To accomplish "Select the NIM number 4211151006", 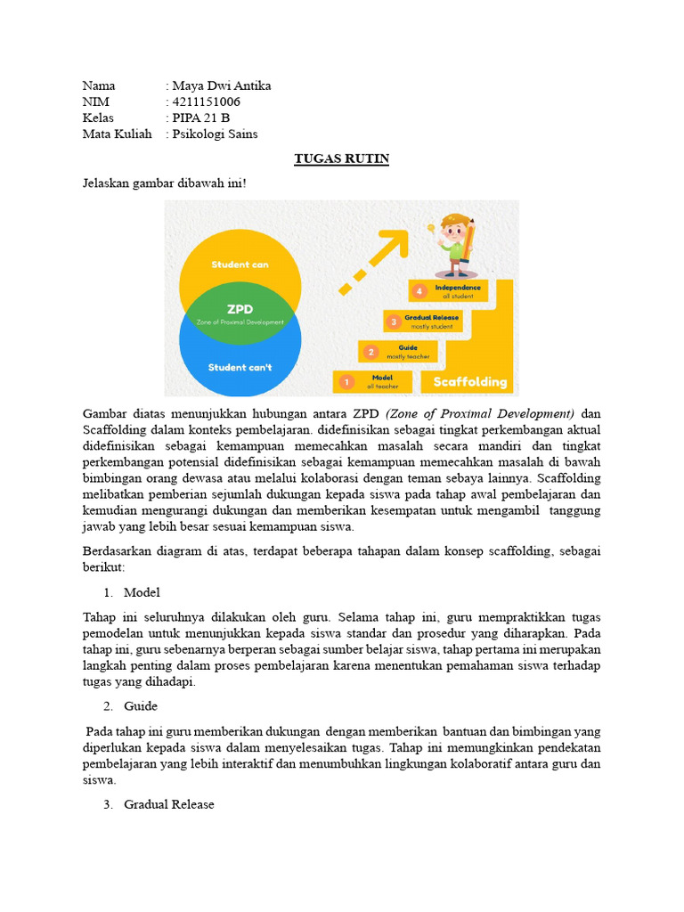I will (206, 102).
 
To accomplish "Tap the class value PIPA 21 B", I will (200, 118).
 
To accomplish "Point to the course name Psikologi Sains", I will (215, 134).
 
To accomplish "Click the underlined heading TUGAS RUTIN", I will (342, 159).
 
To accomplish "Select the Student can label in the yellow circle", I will (240, 265).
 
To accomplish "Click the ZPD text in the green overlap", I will (240, 309).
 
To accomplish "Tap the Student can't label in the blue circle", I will (240, 367).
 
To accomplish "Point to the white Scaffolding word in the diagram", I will (469, 382).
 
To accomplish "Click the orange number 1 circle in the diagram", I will (345, 382).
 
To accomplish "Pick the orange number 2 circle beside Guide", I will (370, 352).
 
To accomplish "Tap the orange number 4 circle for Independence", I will (419, 291).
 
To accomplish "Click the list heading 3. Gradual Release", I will (168, 804).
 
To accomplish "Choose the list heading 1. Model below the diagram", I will (142, 592).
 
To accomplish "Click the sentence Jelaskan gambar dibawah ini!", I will (164, 183).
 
